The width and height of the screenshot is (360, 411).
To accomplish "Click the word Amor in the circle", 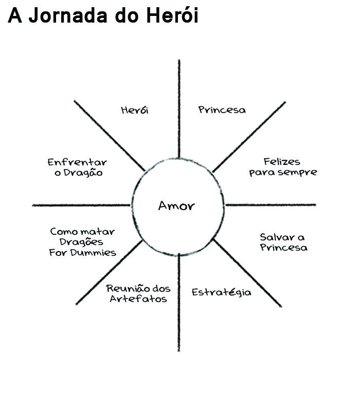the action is point(176,206).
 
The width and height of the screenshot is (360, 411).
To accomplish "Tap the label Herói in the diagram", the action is point(135,110).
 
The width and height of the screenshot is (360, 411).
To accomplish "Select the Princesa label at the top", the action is point(222,109).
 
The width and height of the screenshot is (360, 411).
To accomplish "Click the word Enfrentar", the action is point(77,162).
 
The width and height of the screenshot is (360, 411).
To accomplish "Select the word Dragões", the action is point(82,242).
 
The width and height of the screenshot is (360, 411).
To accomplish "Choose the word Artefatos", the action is point(138,298).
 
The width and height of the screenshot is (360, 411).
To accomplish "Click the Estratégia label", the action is point(222,292).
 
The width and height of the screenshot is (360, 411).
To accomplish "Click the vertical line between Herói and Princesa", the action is point(179,108).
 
